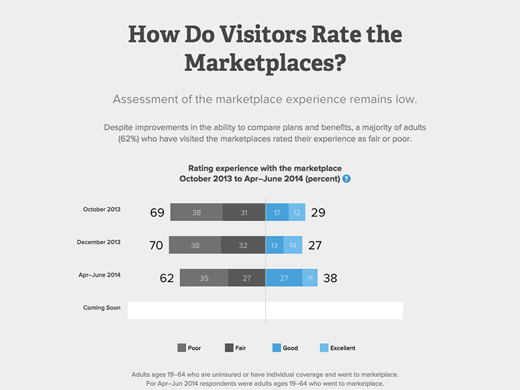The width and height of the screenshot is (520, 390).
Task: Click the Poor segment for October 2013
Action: point(196,213)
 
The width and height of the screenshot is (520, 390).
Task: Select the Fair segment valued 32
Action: point(243,245)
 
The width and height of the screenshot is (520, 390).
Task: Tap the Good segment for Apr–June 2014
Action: point(284,278)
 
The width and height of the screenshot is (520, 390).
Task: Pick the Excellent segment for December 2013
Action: point(293,245)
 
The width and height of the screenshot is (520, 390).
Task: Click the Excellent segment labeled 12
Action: point(297,213)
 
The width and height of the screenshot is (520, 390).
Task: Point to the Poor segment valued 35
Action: point(203,278)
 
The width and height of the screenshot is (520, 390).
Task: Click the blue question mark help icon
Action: point(346,179)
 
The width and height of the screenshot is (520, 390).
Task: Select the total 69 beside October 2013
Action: point(157,213)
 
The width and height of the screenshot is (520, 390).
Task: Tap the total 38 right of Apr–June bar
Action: point(330,278)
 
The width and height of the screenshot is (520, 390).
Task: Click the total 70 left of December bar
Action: point(155,246)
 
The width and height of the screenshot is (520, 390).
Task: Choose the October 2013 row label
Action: point(102,209)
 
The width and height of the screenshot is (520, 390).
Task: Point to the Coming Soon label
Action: point(102,307)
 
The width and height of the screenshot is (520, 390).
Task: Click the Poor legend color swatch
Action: point(181,348)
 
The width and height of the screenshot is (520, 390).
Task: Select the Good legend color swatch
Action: point(276,348)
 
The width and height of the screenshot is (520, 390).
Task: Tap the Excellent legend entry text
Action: point(343,348)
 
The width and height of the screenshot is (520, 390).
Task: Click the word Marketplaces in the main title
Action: point(265,63)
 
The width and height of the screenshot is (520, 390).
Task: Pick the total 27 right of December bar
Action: point(315,246)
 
